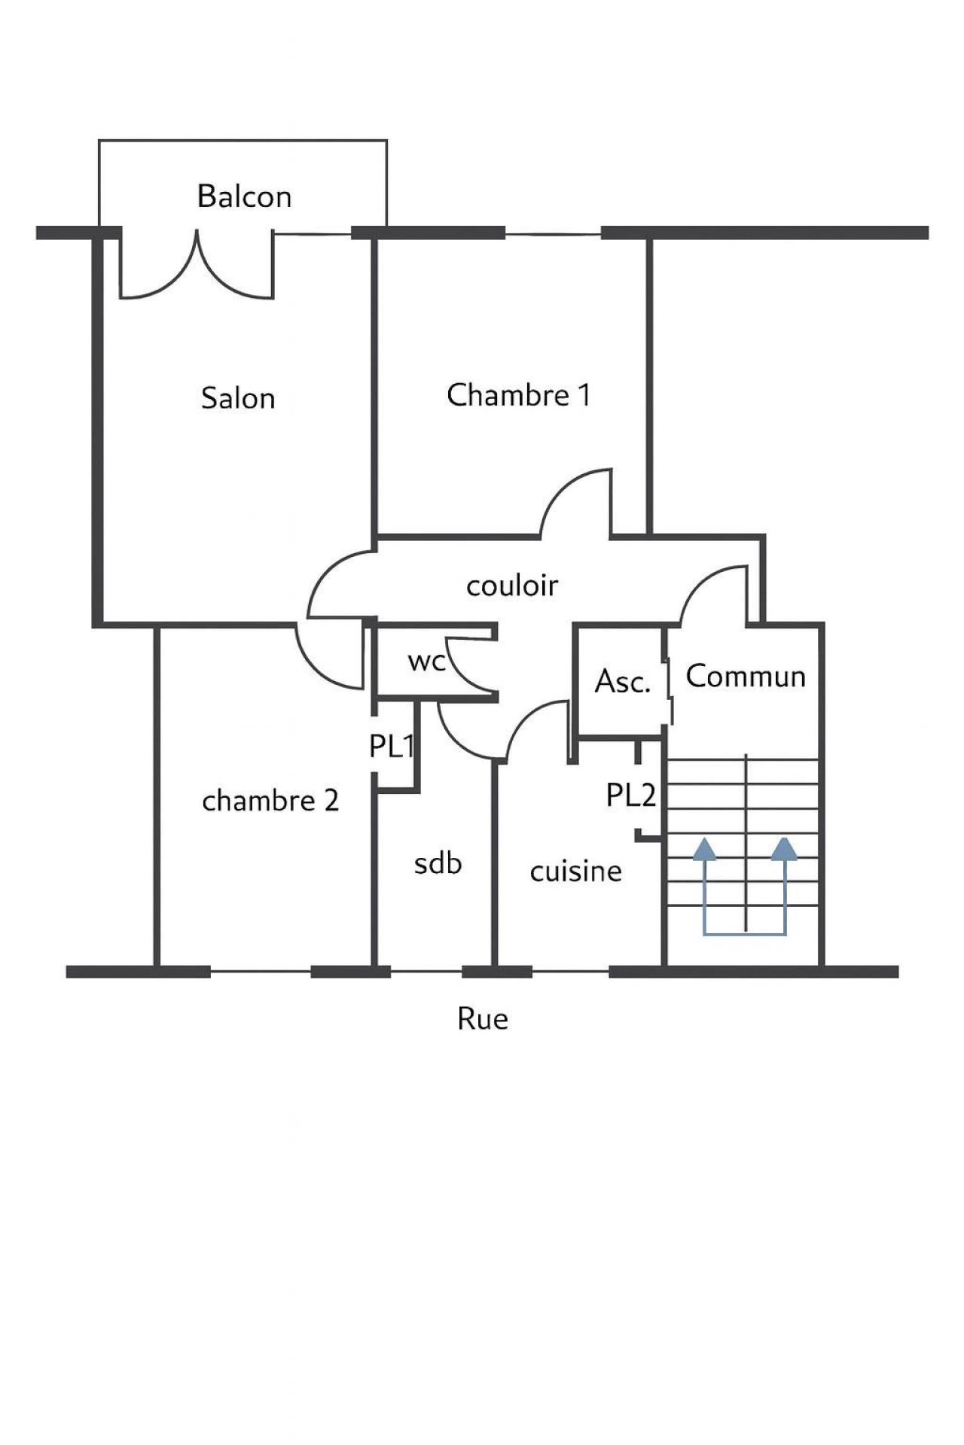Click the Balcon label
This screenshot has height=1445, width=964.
click(x=244, y=196)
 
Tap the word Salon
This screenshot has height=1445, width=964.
click(x=238, y=398)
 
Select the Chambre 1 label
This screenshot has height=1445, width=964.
click(x=518, y=395)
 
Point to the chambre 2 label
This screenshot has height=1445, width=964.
click(x=270, y=801)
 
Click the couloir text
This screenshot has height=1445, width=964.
click(x=512, y=586)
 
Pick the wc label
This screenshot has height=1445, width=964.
click(x=427, y=662)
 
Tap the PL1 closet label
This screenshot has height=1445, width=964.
click(x=392, y=746)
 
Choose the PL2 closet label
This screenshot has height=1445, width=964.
click(x=631, y=795)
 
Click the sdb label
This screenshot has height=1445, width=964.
click(x=438, y=864)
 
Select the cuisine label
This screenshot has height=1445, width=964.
click(x=576, y=872)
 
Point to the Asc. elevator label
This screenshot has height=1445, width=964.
click(x=622, y=681)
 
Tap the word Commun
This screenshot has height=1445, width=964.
click(x=746, y=676)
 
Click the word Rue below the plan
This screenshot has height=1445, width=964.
click(x=483, y=1019)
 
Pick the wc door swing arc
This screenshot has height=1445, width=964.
click(x=467, y=662)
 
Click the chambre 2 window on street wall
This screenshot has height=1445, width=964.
click(x=260, y=972)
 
